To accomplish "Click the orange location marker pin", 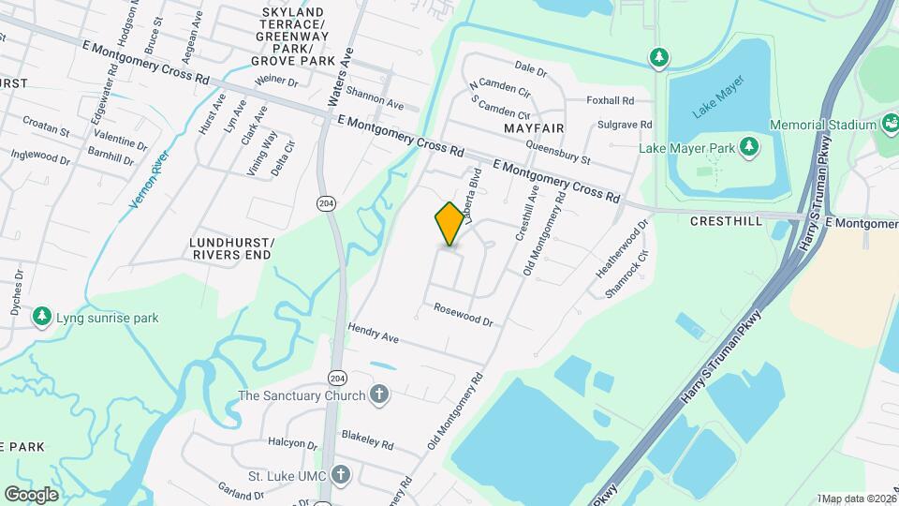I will [x=449, y=224].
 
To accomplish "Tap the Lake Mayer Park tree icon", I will [x=748, y=146].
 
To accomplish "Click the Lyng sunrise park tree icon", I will [x=42, y=317].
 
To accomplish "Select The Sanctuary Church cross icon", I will [x=379, y=394].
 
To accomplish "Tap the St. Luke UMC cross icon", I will [x=341, y=475].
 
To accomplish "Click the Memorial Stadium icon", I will [x=890, y=125].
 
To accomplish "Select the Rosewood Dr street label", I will [x=463, y=314].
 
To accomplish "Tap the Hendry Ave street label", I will [x=373, y=332].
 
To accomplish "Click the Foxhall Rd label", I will [x=610, y=100].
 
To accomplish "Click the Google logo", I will [x=31, y=494].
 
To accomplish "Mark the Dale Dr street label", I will [x=530, y=67].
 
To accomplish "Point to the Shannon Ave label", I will [x=375, y=98].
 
